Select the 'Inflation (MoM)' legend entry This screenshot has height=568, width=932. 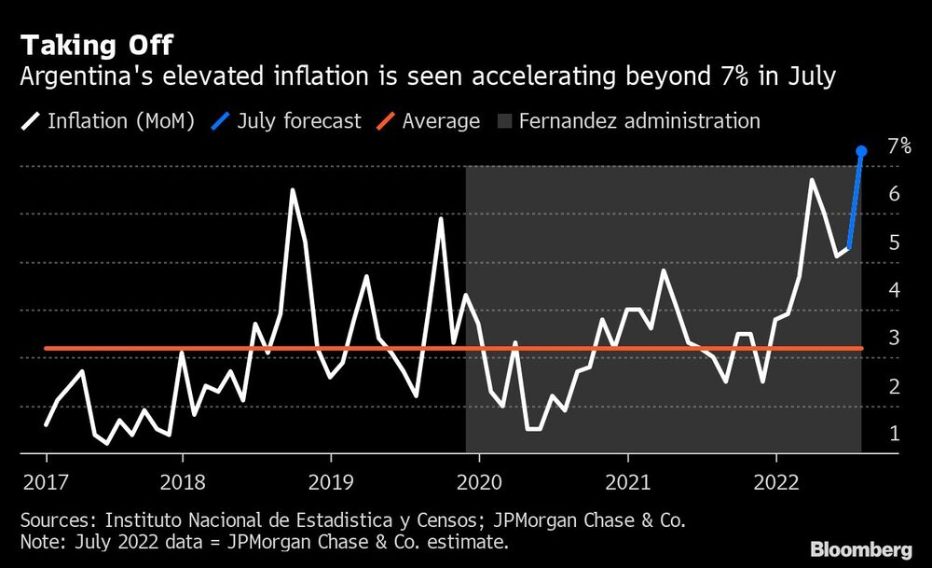click(x=108, y=121)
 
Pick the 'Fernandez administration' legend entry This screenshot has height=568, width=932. click(x=629, y=121)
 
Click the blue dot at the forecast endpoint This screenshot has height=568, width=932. click(x=862, y=151)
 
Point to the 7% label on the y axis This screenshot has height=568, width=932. click(x=898, y=146)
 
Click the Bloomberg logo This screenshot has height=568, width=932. click(x=862, y=548)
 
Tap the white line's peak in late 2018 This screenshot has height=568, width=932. click(x=292, y=190)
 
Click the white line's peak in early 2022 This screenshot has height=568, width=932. click(x=812, y=180)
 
